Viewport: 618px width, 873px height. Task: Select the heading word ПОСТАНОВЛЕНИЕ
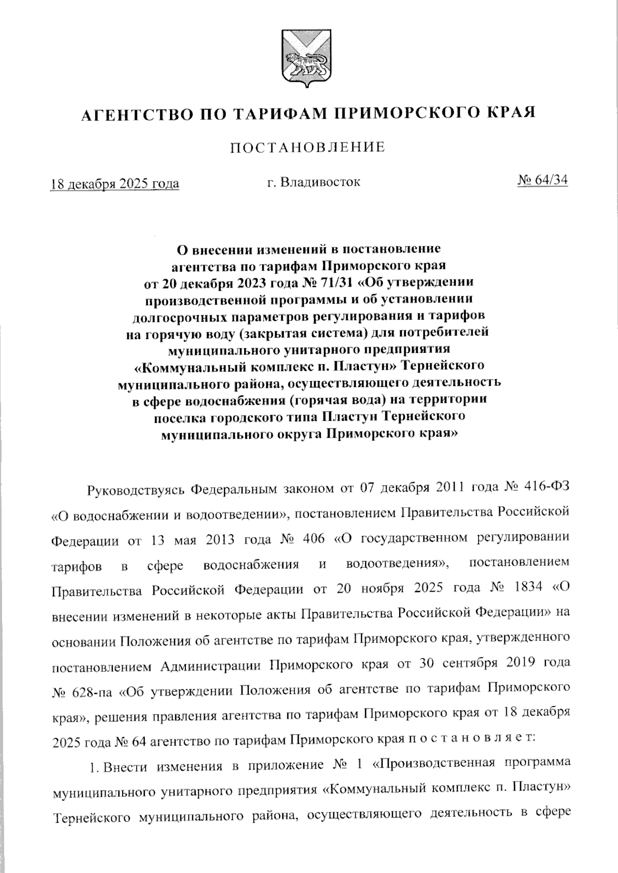[x=308, y=148]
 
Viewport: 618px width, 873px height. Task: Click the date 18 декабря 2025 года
[x=114, y=184]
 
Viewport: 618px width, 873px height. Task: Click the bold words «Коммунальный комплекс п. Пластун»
[x=265, y=366]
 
